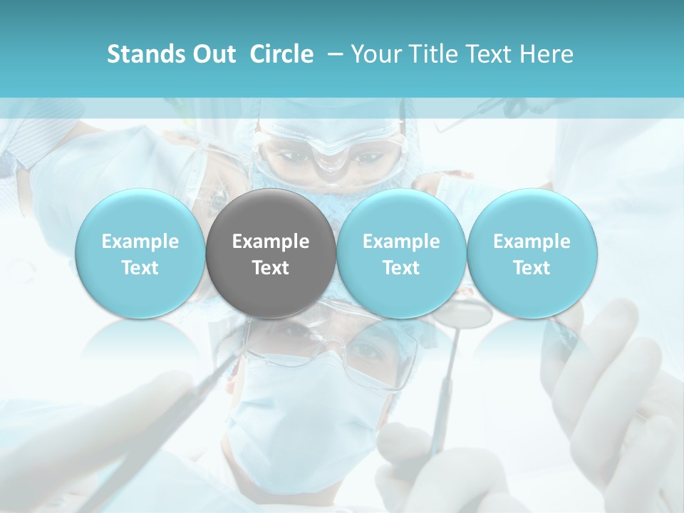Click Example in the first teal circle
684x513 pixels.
(140, 242)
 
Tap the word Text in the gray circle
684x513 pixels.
(271, 268)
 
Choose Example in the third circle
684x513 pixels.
(401, 242)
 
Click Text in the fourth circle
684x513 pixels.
(532, 268)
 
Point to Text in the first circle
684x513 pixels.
(140, 268)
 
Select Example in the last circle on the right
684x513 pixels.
(532, 242)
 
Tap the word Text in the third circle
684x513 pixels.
(401, 268)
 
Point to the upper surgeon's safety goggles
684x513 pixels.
(328, 146)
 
